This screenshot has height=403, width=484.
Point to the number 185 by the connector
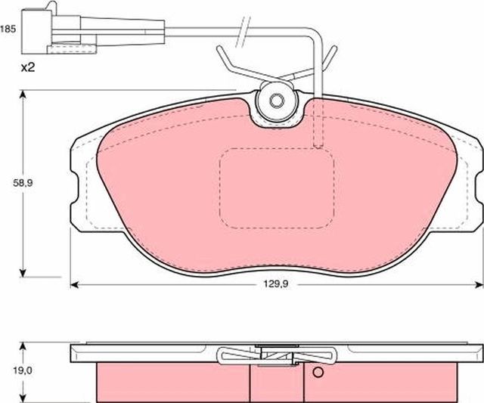(8, 30)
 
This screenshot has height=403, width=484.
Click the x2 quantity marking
(29, 68)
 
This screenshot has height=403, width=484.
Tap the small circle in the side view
(318, 372)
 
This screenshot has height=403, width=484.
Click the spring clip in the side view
(275, 355)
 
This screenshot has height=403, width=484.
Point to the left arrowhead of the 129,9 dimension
(74, 285)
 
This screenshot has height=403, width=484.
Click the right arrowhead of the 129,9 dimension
(478, 285)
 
